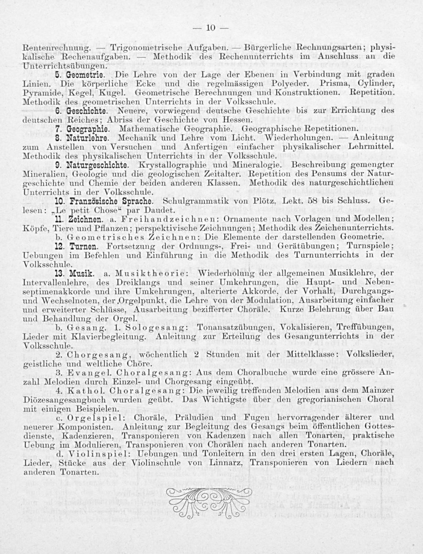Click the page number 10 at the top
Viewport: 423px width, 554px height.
211,28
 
